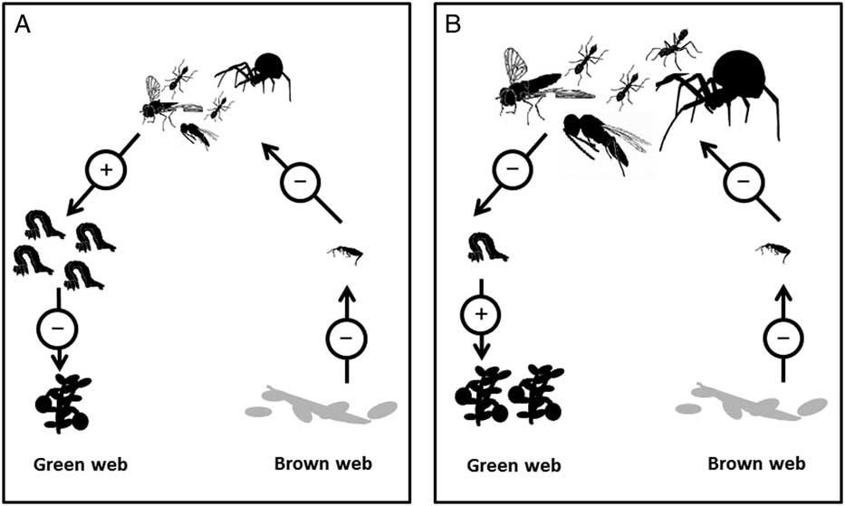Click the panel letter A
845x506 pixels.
[24, 24]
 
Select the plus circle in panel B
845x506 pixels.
[481, 315]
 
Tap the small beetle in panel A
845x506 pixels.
[348, 254]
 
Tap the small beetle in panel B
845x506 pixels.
[773, 250]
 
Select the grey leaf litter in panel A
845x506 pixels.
[322, 405]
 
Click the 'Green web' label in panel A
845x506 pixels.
[80, 465]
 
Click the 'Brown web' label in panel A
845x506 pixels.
[322, 464]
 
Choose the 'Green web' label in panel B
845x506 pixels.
[514, 465]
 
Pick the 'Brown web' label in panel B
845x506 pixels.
[755, 464]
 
